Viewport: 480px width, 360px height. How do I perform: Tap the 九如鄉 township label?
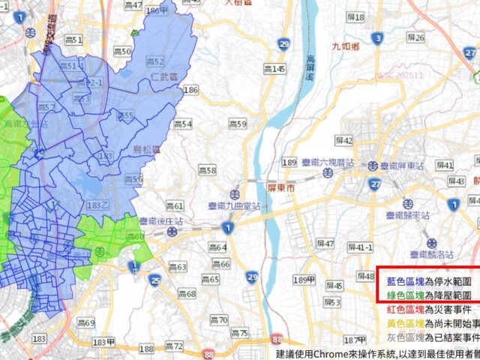(346, 46)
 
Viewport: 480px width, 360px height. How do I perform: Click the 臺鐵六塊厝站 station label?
(328, 162)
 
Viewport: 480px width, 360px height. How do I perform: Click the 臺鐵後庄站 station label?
(166, 221)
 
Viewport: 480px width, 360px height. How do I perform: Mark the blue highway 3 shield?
(378, 37)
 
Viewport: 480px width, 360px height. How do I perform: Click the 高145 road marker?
(274, 69)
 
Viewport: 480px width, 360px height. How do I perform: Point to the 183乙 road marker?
(97, 205)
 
